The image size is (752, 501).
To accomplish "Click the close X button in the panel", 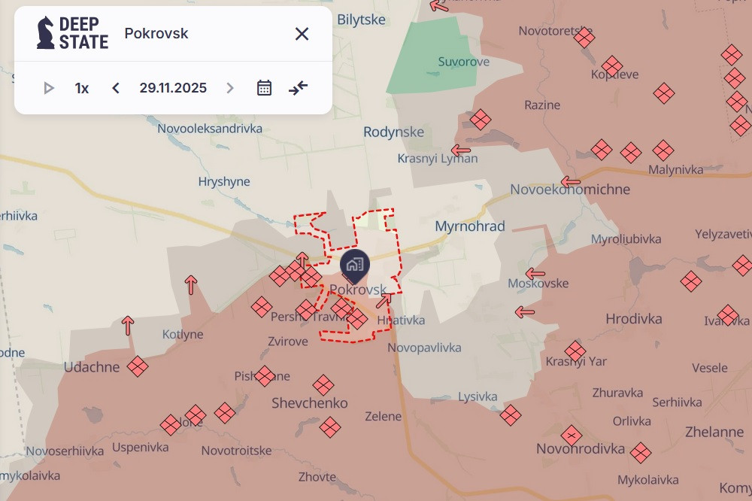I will tap(302, 34).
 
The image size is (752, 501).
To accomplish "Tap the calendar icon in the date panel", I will tap(264, 88).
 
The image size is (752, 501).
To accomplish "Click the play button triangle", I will tap(49, 88).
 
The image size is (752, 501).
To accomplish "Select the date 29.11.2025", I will tap(173, 88).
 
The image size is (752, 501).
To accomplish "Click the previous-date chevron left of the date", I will tap(116, 88).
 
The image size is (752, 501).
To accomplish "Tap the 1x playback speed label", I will tap(82, 88).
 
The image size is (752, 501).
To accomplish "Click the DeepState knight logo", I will tap(46, 33).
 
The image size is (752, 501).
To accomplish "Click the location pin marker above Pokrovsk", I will tap(354, 266).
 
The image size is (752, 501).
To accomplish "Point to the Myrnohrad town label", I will tap(470, 226).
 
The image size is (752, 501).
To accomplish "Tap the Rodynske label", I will tap(393, 132).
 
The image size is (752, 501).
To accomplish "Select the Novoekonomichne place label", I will tap(570, 190).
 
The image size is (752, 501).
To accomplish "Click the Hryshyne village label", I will tap(224, 181).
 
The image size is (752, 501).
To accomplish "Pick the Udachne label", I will tap(92, 367).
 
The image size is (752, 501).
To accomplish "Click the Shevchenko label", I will tap(310, 403).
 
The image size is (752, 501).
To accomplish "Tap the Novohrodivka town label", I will tap(581, 449).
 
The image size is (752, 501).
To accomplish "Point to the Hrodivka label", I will tap(634, 319).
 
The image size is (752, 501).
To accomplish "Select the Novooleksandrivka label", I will tap(210, 129).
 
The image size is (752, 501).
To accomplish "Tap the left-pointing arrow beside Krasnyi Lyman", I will tap(460, 150).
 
